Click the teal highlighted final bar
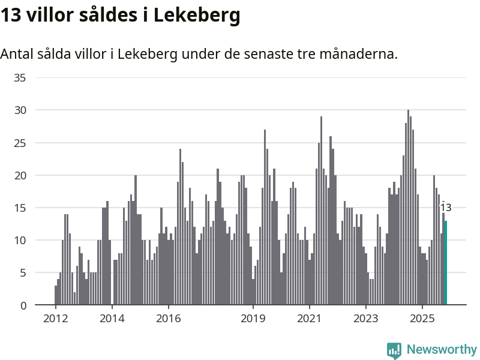click(446, 263)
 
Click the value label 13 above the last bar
click(446, 208)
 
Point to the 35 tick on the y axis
click(20, 77)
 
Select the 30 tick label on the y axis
click(20, 110)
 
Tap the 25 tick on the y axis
click(20, 143)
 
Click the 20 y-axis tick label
click(20, 175)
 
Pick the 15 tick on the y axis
click(20, 208)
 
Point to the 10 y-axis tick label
click(20, 240)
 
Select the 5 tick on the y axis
click(23, 272)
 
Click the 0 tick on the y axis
click(23, 305)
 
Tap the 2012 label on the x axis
click(55, 318)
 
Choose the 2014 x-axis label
click(112, 318)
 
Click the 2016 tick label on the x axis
click(168, 318)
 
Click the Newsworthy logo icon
click(394, 350)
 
